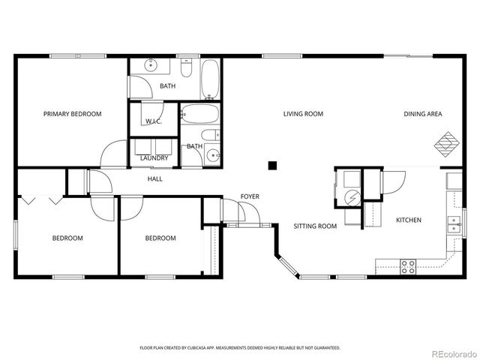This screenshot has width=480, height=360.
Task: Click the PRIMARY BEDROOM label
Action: click(72, 114)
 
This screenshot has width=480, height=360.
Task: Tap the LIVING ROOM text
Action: click(303, 114)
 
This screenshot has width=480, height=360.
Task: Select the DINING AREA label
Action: click(423, 114)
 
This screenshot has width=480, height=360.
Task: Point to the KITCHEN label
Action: click(409, 220)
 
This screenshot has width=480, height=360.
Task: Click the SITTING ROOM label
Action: click(315, 226)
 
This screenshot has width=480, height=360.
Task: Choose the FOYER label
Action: click(250, 196)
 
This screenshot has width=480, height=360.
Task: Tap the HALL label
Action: click(155, 178)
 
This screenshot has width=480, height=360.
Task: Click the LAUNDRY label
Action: click(154, 157)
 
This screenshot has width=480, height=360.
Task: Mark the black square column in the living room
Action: click(274, 164)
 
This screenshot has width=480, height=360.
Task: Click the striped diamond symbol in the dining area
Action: click(448, 142)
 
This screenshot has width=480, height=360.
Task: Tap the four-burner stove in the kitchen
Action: click(409, 265)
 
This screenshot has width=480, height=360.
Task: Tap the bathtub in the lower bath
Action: click(199, 115)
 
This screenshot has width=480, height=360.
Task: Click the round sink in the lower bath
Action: click(213, 156)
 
